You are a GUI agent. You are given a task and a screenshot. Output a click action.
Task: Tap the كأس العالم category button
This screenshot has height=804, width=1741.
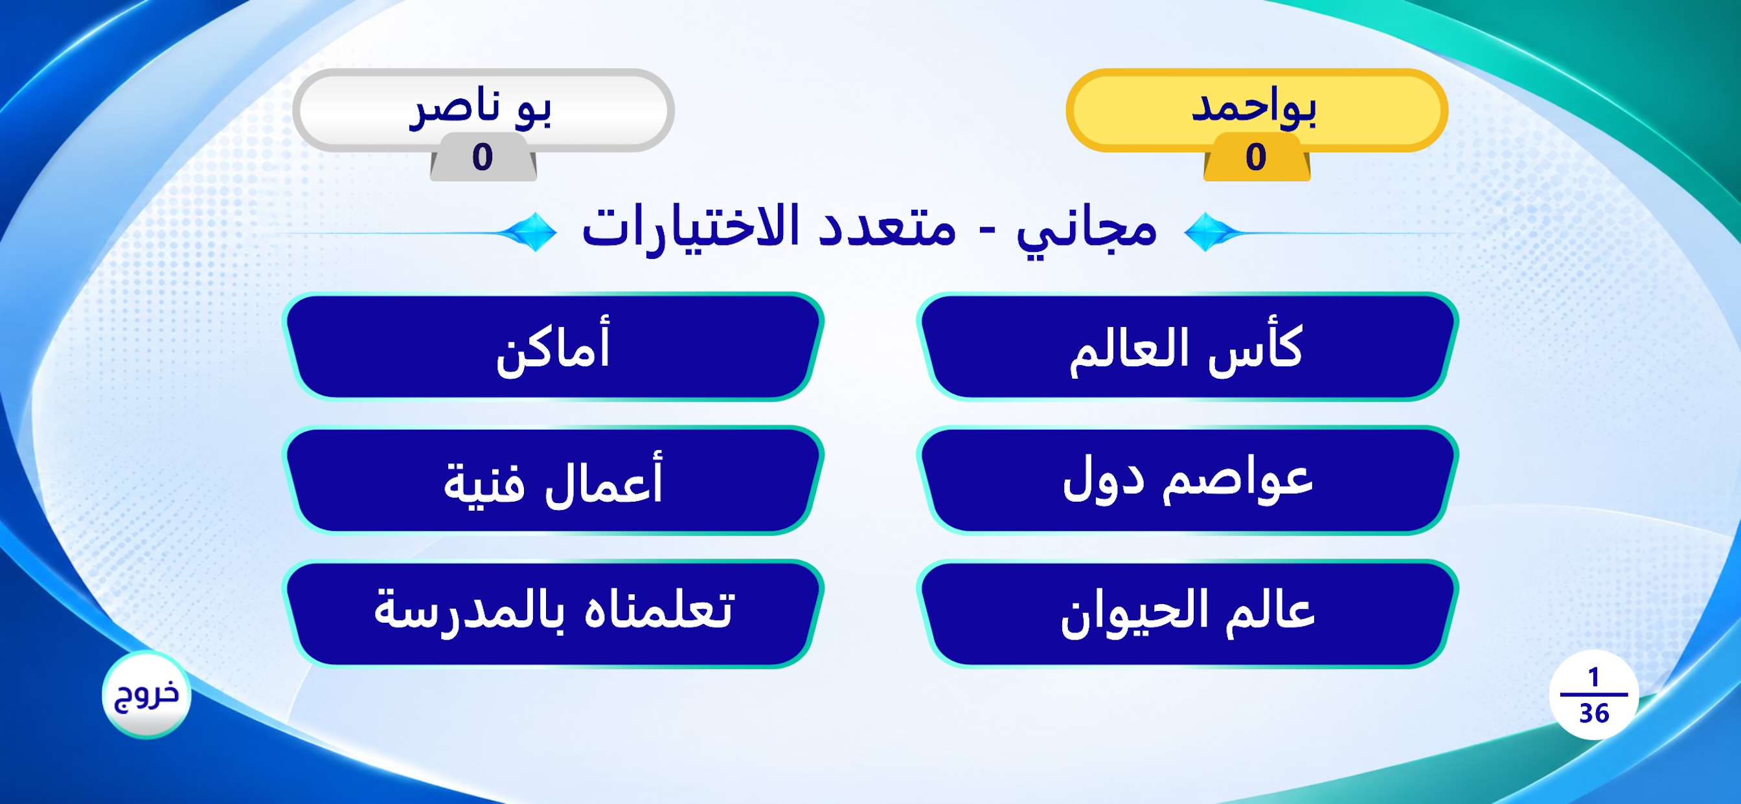[x=1187, y=346]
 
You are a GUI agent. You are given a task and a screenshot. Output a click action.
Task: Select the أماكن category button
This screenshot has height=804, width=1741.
[x=553, y=346]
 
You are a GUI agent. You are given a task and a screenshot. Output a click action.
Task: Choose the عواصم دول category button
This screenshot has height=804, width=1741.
[x=1187, y=480]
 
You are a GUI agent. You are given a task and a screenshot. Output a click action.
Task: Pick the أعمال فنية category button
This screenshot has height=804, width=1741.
[x=553, y=480]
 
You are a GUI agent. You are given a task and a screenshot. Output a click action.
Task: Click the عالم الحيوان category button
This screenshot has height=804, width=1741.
[x=1187, y=614]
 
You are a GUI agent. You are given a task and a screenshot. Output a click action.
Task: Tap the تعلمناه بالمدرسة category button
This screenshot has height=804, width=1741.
[x=553, y=614]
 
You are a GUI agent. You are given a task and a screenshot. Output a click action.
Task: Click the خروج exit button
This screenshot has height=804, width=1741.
[x=146, y=695]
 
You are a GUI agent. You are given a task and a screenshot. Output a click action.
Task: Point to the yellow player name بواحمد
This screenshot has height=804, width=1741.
[x=1254, y=108]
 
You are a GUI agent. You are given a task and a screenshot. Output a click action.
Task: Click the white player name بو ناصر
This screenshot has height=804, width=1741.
[x=481, y=108]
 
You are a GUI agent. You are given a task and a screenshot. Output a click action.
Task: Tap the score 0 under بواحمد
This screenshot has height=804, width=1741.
[x=1256, y=157]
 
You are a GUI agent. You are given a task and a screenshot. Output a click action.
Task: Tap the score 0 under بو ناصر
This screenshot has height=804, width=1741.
[x=482, y=157]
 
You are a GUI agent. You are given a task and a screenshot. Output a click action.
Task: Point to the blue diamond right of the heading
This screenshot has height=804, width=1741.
[x=1207, y=232]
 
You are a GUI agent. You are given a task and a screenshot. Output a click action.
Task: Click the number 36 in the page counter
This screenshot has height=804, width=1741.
[x=1594, y=713]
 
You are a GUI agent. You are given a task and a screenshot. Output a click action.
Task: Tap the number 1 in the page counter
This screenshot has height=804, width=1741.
[x=1594, y=677]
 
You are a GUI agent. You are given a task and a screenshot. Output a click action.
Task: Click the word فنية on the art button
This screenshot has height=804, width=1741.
[x=484, y=484]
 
